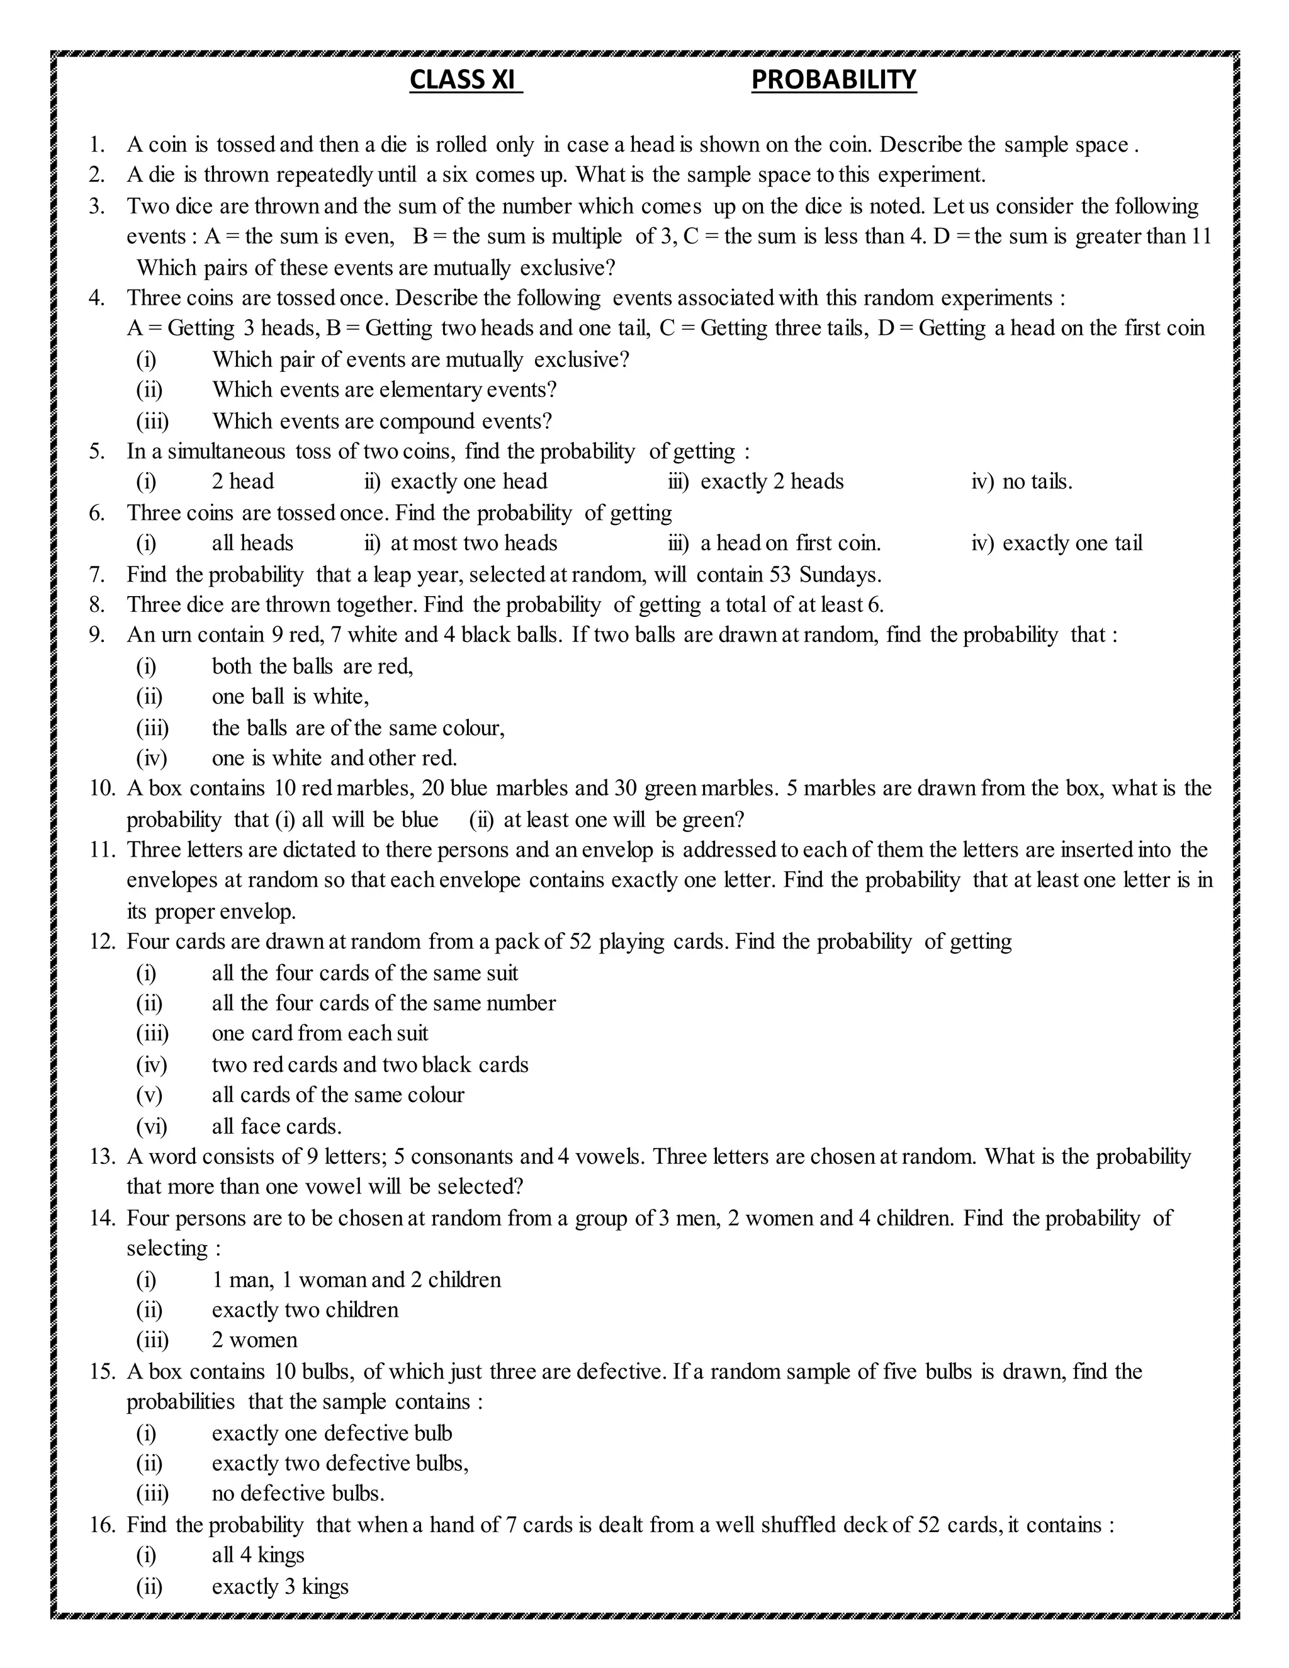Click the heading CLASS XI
pyautogui.click(x=465, y=79)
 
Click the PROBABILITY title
pyautogui.click(x=833, y=79)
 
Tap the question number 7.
pyautogui.click(x=96, y=574)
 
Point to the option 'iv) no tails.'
pyautogui.click(x=1022, y=482)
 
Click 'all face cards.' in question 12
pyautogui.click(x=276, y=1127)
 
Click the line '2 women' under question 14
pyautogui.click(x=254, y=1340)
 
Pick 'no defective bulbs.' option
pyautogui.click(x=298, y=1493)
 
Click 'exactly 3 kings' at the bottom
pyautogui.click(x=279, y=1586)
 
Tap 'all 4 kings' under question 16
pyautogui.click(x=257, y=1556)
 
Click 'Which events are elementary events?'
pyautogui.click(x=384, y=390)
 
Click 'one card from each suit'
pyautogui.click(x=320, y=1034)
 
